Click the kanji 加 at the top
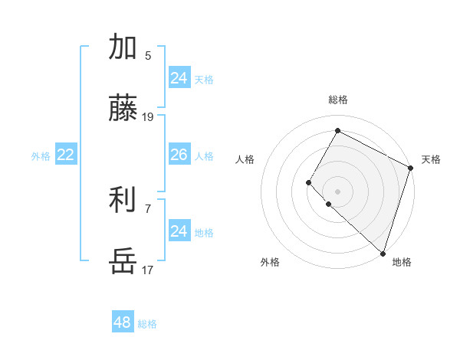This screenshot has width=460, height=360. pos(123,47)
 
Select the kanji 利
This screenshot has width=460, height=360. pos(123,201)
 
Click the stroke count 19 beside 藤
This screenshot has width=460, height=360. pos(148,117)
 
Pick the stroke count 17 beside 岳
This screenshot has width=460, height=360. pos(148,270)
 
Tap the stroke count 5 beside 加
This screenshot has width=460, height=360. pos(148,55)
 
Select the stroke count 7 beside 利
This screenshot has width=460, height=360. pos(148,208)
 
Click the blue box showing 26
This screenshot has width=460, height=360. pos(179,155)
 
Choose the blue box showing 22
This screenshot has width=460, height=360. pos(65,155)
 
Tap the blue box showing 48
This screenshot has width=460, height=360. pos(123,322)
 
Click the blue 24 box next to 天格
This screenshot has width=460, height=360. pos(179,78)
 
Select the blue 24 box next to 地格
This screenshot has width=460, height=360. pos(179,231)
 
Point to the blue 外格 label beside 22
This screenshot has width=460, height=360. pos(41,156)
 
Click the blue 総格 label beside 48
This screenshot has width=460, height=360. pos(147,324)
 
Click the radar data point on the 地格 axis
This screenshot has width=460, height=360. pos(383,253)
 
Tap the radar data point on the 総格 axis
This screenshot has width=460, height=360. pos(337,131)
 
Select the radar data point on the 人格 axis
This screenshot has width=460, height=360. pos(308,182)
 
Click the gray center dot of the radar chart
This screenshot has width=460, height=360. pos(337,191)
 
